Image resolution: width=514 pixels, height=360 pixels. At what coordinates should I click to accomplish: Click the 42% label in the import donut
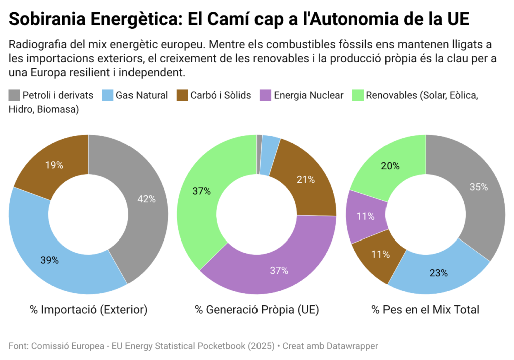tap(147, 199)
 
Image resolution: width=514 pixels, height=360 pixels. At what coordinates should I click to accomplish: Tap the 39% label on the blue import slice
tap(50, 260)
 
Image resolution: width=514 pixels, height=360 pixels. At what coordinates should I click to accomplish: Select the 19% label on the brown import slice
tap(54, 165)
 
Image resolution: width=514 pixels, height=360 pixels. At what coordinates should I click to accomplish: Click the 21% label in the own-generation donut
tap(305, 179)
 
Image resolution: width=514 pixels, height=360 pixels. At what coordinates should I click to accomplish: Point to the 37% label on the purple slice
tap(279, 270)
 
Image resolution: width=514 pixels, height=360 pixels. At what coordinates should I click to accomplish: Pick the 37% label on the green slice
tap(202, 191)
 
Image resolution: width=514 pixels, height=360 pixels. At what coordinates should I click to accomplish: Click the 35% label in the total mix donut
tap(478, 187)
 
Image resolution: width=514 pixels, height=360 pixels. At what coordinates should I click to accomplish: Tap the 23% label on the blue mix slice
tap(438, 273)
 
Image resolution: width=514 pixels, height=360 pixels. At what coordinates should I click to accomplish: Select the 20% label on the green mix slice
tap(390, 166)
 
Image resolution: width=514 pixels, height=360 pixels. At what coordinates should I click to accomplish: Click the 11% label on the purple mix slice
tap(365, 216)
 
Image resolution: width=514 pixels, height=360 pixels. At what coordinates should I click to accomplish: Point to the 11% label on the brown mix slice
tap(380, 254)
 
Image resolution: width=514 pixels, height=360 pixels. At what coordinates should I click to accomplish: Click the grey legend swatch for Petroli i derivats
tap(14, 95)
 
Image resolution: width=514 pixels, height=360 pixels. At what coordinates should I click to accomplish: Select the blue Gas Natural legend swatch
tap(107, 95)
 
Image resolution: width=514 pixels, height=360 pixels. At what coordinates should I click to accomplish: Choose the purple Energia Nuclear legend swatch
tap(265, 95)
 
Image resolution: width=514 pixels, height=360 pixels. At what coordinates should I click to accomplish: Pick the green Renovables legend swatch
tap(358, 95)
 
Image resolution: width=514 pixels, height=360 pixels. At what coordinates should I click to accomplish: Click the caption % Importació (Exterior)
tap(88, 310)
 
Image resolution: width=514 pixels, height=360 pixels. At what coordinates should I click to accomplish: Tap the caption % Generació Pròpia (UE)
tap(257, 310)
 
